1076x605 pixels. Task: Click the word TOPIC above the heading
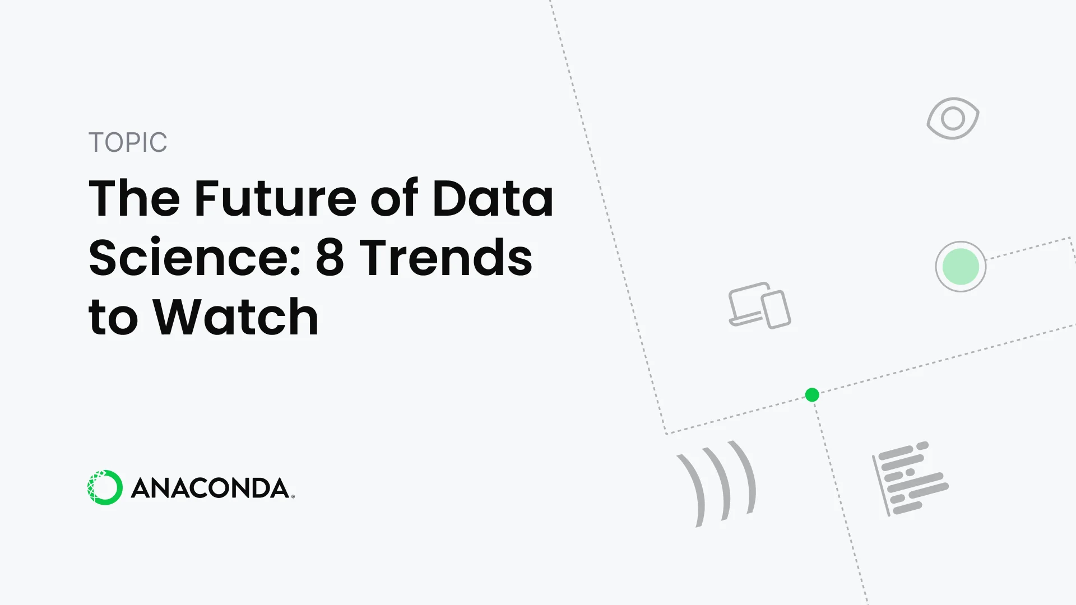[x=128, y=142]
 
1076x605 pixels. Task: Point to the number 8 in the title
[x=330, y=258]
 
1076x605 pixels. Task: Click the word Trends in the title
[x=446, y=258]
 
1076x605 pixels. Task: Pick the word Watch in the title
[x=236, y=317]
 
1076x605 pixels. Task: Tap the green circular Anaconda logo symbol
[x=105, y=487]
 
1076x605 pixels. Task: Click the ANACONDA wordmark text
[x=211, y=488]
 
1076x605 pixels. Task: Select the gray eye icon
[x=953, y=118]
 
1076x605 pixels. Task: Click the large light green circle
[x=961, y=267]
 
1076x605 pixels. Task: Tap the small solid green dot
[x=812, y=395]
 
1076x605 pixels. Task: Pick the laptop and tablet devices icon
[x=759, y=305]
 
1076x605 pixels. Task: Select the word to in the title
[x=113, y=317]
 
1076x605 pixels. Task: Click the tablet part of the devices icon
[x=776, y=309]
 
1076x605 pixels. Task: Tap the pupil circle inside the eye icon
[x=953, y=118]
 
